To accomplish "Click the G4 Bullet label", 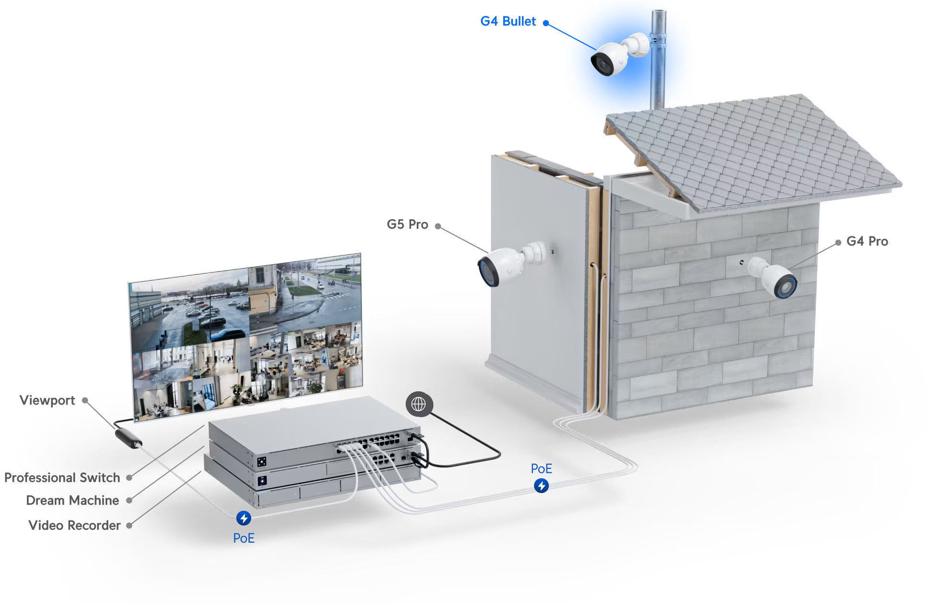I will (507, 22).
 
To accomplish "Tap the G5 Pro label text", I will (407, 224).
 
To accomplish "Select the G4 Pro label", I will (867, 241).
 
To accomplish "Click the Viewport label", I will (47, 400).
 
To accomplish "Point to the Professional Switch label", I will (62, 478).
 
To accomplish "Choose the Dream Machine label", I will (72, 500).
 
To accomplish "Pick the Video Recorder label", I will (74, 525).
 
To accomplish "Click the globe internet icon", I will (419, 404).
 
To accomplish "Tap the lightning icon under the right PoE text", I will (541, 486).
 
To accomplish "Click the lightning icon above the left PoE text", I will (243, 518).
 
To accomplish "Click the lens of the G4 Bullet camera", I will (601, 63).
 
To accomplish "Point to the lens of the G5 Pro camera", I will (487, 272).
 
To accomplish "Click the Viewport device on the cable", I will (128, 438).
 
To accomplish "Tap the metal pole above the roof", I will (657, 72).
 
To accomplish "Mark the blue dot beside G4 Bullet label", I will (546, 23).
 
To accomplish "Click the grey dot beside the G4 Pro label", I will (838, 243).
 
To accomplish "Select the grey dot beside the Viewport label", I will (85, 400).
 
